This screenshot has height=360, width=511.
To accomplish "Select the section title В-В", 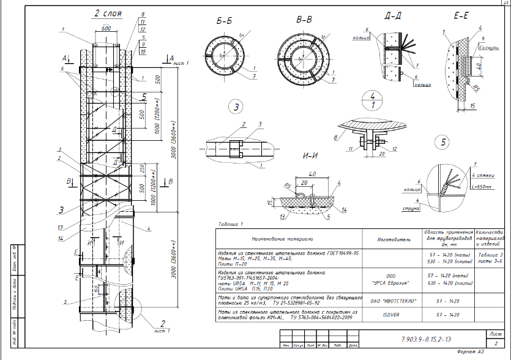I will (304, 21).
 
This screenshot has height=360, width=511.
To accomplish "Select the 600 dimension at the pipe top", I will (105, 28).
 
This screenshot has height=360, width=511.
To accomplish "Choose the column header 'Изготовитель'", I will (391, 239).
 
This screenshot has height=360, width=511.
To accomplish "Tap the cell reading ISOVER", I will (391, 314).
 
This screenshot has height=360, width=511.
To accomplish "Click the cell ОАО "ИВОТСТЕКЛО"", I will (391, 300).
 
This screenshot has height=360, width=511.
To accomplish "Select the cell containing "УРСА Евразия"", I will (391, 283).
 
